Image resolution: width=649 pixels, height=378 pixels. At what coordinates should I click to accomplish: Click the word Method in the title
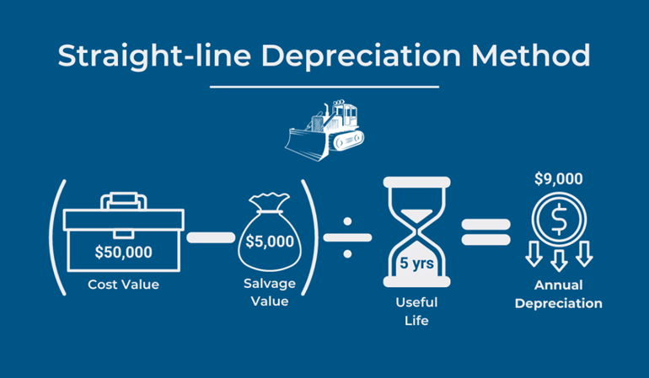point(531,55)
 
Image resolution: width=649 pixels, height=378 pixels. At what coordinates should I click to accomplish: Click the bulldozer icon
point(324,130)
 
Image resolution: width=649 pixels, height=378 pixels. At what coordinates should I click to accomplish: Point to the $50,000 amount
point(123,252)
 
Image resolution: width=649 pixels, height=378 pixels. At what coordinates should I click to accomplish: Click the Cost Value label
point(123,285)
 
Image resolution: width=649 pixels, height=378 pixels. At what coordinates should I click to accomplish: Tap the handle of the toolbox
point(123,200)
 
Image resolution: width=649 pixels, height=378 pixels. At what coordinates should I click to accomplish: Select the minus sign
point(211,237)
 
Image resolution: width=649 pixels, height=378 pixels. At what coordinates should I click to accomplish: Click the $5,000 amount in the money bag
point(270,241)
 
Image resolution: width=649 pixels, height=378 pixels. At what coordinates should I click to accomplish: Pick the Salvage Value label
point(270,292)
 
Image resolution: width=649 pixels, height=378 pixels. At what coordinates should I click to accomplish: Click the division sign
point(347,237)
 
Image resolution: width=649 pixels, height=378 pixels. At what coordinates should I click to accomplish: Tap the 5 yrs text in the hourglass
point(417,263)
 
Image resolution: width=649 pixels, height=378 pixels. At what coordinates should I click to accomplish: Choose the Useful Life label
point(416,311)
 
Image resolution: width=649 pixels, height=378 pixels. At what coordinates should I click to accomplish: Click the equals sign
point(486,232)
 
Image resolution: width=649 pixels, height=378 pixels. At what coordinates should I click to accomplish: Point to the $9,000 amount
point(558,178)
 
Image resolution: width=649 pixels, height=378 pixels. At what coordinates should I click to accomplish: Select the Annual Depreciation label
point(558,294)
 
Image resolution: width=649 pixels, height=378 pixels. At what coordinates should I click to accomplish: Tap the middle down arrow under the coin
point(559,260)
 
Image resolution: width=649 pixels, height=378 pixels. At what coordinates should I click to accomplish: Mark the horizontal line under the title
point(324,87)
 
